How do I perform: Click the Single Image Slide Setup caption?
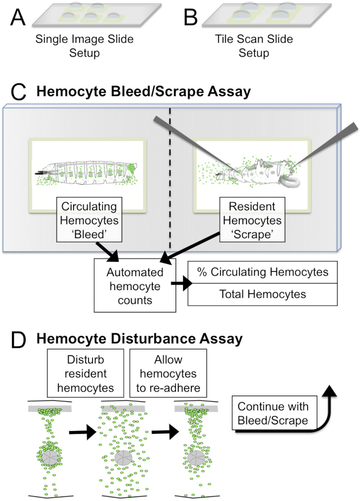(84, 45)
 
